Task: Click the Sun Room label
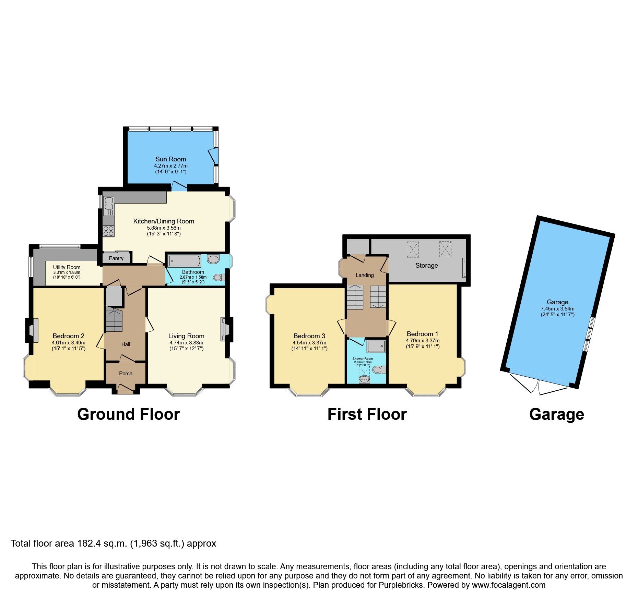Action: (170, 159)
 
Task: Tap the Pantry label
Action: (116, 258)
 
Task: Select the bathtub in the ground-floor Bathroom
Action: (185, 261)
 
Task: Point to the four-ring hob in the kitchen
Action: (109, 231)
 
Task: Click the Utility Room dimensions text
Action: (67, 272)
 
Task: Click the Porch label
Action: (126, 374)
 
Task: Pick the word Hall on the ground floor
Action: (126, 344)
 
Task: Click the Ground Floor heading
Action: (128, 414)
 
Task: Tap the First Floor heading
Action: (367, 414)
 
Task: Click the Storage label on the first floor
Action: (426, 265)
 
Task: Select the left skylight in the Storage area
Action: (413, 249)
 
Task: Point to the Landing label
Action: (364, 275)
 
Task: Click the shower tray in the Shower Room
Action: (376, 346)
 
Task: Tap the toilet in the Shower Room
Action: (379, 370)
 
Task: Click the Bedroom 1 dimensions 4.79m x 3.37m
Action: (422, 341)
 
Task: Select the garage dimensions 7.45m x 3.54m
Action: (557, 309)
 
